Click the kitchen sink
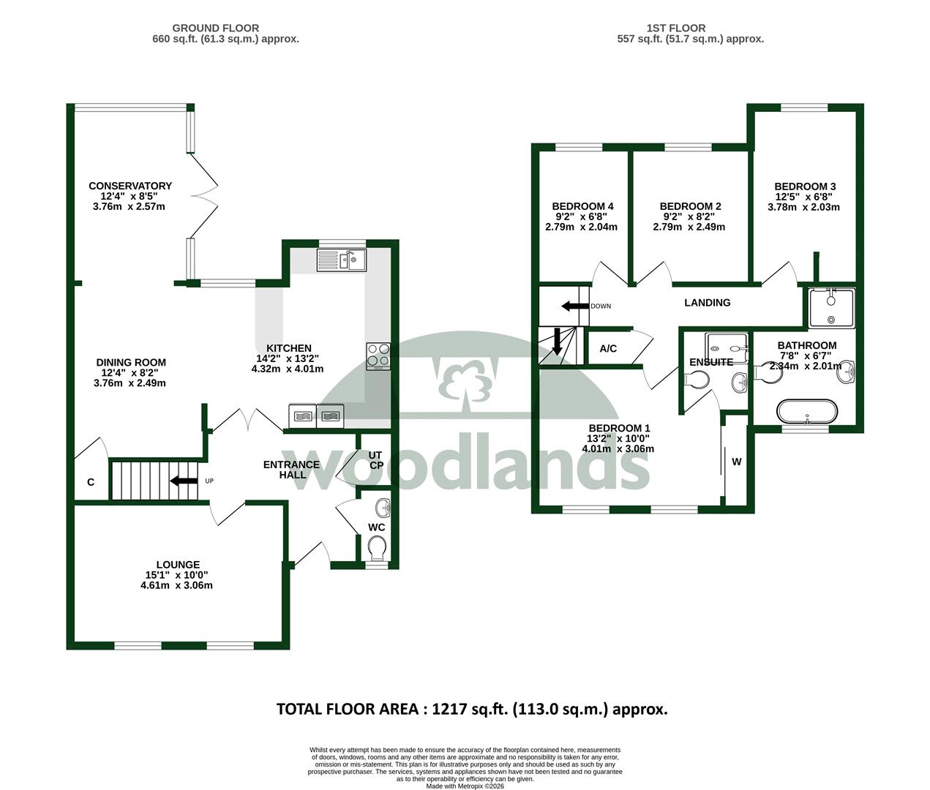[x=342, y=260]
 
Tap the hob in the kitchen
[x=378, y=356]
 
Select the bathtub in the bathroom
[x=807, y=411]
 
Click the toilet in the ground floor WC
[x=377, y=549]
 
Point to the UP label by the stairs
[x=209, y=481]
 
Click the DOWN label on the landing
[x=601, y=306]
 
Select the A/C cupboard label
[x=608, y=349]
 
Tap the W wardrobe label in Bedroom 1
[x=737, y=462]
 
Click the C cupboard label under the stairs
[x=91, y=482]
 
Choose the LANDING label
[x=708, y=303]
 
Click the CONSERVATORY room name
[x=130, y=186]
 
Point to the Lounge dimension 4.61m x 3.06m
[x=176, y=585]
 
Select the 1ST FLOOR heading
[x=676, y=28]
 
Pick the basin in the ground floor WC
[x=383, y=508]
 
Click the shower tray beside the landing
[x=831, y=309]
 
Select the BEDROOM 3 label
[x=805, y=187]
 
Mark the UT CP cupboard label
[x=375, y=460]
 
